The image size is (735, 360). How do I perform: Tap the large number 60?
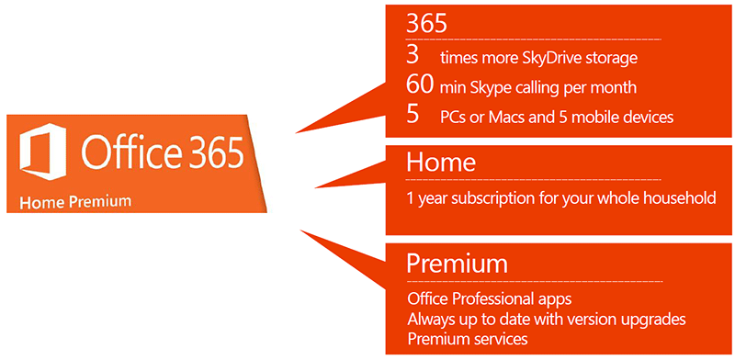(420, 85)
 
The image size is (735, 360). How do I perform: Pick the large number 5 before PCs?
(413, 115)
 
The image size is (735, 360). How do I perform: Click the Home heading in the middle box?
(441, 163)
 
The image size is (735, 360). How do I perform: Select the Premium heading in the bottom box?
(457, 264)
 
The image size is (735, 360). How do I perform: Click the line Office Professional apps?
(490, 299)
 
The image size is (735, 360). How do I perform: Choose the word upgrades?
(653, 319)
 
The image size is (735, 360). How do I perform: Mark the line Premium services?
(467, 339)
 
